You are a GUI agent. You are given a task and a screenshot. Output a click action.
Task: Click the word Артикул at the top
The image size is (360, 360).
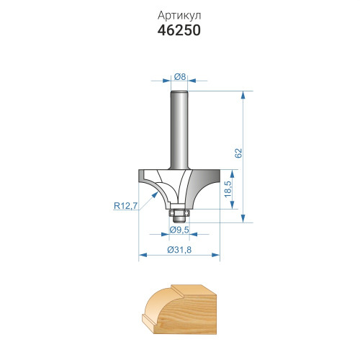179,16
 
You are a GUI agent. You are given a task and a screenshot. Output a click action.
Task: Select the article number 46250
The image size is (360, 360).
179,30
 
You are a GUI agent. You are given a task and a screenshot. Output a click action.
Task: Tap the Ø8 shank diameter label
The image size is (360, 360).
180,77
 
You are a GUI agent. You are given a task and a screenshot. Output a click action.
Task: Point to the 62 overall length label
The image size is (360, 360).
238,153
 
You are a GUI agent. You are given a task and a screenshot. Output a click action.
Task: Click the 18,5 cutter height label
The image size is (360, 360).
228,189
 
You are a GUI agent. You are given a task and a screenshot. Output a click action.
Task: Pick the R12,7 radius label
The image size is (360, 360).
125,206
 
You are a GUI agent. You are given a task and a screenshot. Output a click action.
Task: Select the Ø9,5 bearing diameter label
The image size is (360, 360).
179,230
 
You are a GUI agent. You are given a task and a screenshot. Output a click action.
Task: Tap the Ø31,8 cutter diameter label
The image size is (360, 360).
179,250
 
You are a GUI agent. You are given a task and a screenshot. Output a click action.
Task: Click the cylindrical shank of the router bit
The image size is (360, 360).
179,130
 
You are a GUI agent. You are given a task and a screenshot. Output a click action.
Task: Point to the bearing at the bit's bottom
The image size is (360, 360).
179,213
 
